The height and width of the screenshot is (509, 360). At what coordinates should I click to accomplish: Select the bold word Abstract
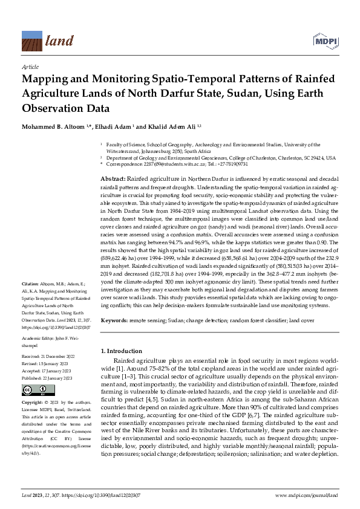(113, 180)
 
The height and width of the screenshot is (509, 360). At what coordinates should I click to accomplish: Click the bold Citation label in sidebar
(30, 283)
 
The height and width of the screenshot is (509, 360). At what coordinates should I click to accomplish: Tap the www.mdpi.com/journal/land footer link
(306, 495)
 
